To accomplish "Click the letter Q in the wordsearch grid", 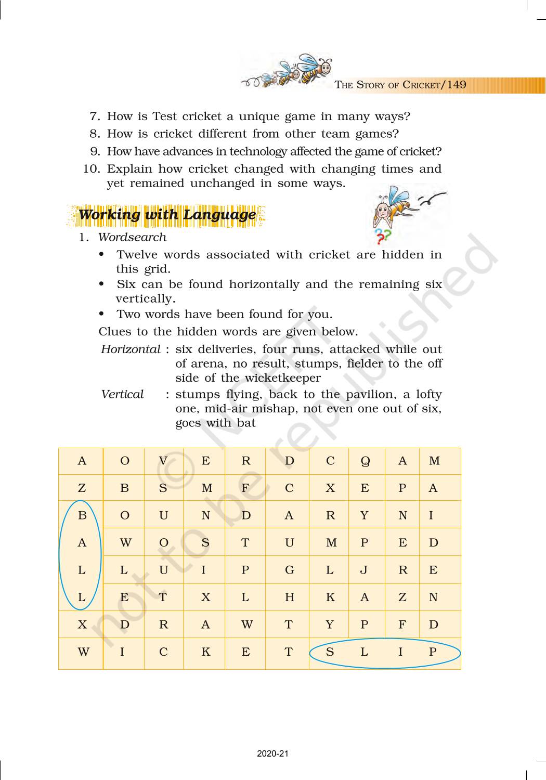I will (365, 461).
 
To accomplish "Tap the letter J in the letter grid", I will (364, 570).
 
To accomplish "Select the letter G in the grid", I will (290, 570).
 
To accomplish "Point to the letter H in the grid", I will (290, 597).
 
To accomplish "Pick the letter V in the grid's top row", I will (163, 461).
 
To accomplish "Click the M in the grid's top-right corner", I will (434, 461).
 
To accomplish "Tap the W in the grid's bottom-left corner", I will (83, 652).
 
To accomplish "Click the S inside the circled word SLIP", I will (330, 652).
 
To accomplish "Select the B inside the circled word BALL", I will (82, 515).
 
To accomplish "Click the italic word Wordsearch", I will (132, 237).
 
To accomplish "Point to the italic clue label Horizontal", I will (131, 349).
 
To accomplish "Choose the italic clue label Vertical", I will (122, 394).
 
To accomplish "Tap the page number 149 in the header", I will (456, 85).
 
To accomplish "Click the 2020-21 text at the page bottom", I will (272, 753).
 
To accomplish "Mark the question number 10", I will (91, 169).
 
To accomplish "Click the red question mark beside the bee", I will (380, 240).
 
